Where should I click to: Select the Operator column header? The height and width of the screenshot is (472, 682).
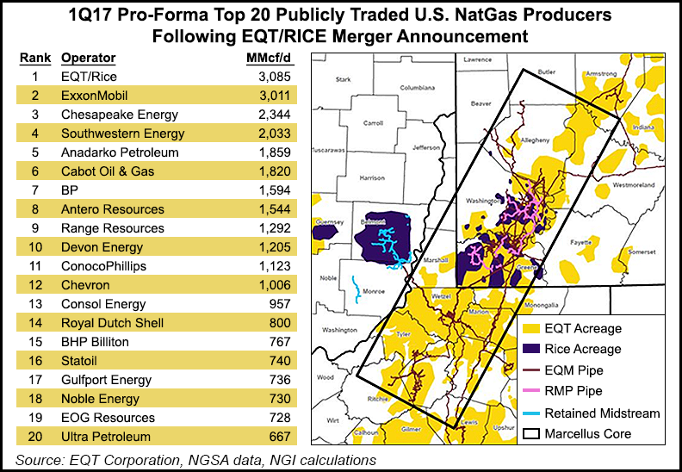point(88,59)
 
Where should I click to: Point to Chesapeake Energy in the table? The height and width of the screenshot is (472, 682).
point(120,115)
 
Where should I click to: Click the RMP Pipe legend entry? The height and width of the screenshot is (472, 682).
point(574,392)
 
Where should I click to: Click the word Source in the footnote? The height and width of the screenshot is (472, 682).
point(40,460)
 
